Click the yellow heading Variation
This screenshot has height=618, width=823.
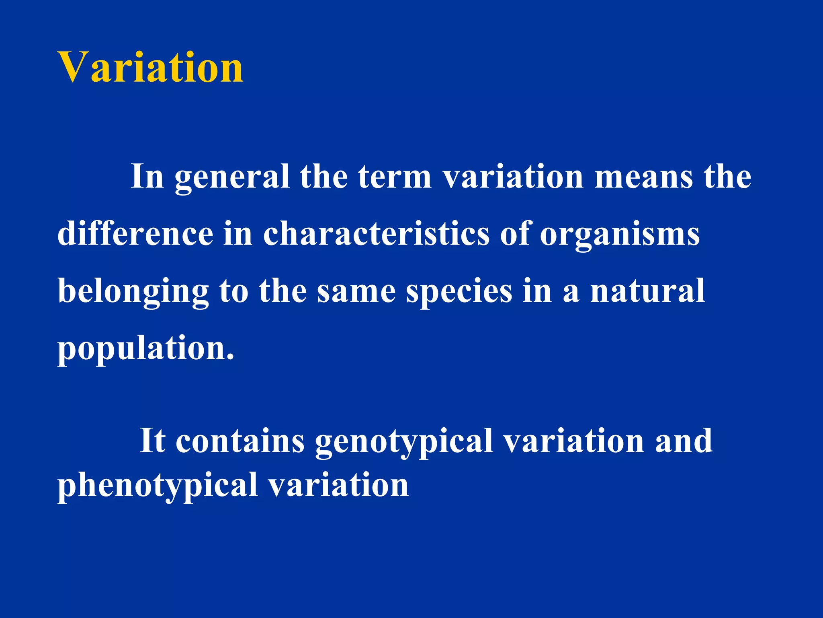click(151, 68)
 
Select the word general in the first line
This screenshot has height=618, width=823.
click(232, 177)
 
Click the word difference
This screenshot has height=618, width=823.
click(135, 234)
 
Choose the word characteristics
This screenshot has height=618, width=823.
click(376, 234)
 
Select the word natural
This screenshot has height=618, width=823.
click(647, 291)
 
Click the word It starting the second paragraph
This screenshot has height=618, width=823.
click(152, 441)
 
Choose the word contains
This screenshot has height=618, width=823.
click(240, 441)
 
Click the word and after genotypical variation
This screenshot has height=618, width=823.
click(684, 441)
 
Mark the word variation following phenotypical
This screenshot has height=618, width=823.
click(338, 485)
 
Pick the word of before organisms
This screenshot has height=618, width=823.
click(515, 234)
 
